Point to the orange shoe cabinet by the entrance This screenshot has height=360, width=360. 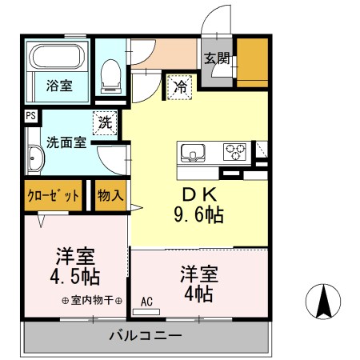click(x=251, y=62)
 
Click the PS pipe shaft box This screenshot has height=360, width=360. click(x=30, y=116)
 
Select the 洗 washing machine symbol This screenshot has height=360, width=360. click(x=106, y=122)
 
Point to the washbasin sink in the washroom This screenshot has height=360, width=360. click(x=35, y=159)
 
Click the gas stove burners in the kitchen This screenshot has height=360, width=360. click(x=235, y=151)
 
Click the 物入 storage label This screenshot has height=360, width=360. click(x=110, y=195)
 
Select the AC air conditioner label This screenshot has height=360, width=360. click(x=146, y=302)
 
